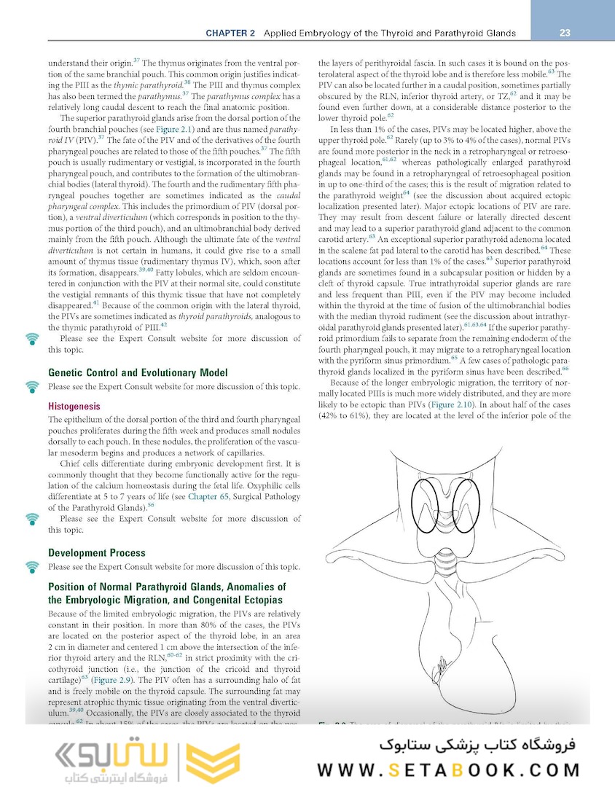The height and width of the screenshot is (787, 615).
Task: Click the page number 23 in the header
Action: [565, 33]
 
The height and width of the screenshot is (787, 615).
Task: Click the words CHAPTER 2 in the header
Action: [230, 34]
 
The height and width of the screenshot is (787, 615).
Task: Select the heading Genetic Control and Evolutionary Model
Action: [138, 372]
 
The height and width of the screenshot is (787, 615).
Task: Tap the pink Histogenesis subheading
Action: [74, 406]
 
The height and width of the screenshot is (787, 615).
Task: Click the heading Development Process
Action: [97, 552]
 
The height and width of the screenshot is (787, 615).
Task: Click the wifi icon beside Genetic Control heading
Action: [32, 386]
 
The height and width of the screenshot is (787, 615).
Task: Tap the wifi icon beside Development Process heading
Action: [32, 566]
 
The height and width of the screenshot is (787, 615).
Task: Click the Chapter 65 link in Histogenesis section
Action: [208, 496]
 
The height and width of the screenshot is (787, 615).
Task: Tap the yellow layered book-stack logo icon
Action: [209, 763]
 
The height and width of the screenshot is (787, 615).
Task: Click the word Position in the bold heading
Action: [69, 587]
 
